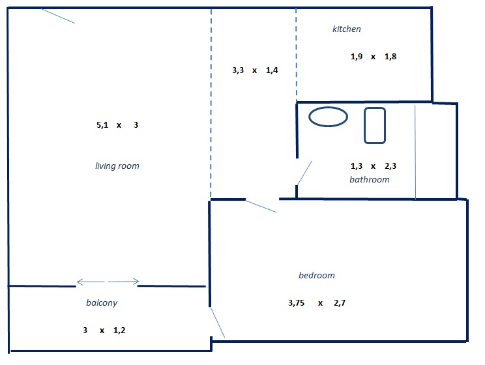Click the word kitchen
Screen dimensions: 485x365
click(x=346, y=29)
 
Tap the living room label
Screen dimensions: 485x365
click(x=117, y=166)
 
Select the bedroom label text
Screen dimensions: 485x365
click(x=317, y=275)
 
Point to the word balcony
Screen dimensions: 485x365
click(x=102, y=303)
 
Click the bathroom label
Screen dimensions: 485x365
click(x=370, y=179)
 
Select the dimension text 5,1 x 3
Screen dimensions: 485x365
click(x=117, y=125)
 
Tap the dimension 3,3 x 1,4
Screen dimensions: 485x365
click(x=255, y=70)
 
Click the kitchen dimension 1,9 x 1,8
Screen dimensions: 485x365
click(x=374, y=57)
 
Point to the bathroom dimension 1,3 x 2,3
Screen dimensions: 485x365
click(x=374, y=166)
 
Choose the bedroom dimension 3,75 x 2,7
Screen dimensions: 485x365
click(x=317, y=303)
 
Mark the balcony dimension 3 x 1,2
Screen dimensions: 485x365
click(x=104, y=330)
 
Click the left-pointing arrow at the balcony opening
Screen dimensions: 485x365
click(x=91, y=282)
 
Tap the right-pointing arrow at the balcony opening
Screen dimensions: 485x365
click(x=124, y=282)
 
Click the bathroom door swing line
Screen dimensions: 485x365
click(x=304, y=173)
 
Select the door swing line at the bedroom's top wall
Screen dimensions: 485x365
click(x=261, y=206)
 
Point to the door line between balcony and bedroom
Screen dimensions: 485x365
click(x=218, y=322)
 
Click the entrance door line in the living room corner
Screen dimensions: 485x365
click(x=58, y=16)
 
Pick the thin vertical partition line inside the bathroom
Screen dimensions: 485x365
click(x=415, y=152)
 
